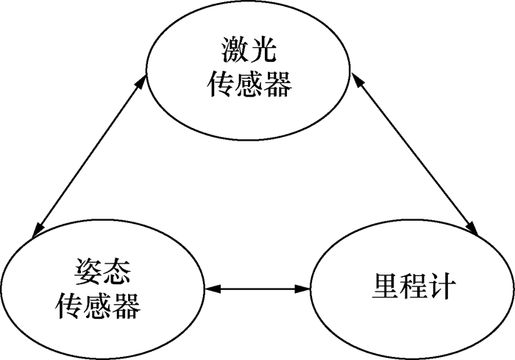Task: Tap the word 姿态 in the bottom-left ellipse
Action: click(97, 272)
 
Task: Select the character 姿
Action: click(82, 272)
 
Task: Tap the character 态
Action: click(112, 272)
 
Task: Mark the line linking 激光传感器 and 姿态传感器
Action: click(88, 156)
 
